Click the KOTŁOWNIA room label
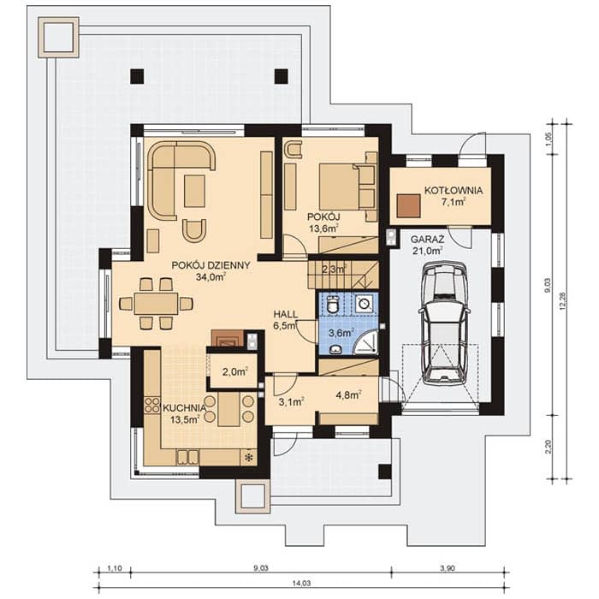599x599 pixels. click(454, 190)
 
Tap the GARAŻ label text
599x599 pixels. click(427, 240)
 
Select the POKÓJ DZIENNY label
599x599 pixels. click(211, 265)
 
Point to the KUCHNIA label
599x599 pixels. click(185, 407)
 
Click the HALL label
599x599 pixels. click(286, 314)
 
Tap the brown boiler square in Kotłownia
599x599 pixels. click(409, 206)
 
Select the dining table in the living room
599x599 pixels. click(157, 304)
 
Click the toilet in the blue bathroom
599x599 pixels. click(333, 305)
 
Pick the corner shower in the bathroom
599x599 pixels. click(366, 342)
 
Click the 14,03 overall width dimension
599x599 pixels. click(301, 583)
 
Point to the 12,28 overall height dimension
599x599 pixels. click(562, 300)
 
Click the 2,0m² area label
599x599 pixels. click(235, 371)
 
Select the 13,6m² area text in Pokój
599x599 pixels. click(323, 228)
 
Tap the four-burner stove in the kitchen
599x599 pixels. click(152, 406)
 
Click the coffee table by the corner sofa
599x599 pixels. click(194, 191)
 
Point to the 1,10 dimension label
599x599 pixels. click(114, 568)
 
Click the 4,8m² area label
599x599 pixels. click(348, 394)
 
